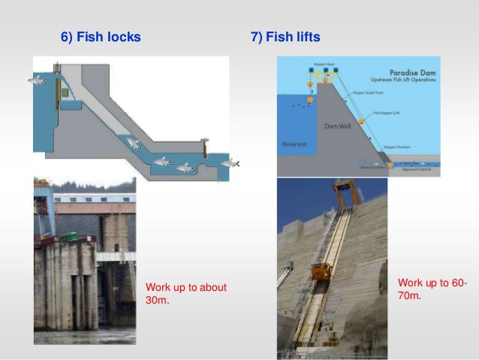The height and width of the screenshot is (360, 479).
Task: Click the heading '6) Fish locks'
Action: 100,36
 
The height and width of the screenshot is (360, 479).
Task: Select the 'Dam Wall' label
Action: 337,126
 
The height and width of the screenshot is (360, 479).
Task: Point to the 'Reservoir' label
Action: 294,143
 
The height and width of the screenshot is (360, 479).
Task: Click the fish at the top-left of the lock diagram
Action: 38,80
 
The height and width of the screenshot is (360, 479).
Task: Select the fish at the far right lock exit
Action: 230,163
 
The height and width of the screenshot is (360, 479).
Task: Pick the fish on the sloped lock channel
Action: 134,143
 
